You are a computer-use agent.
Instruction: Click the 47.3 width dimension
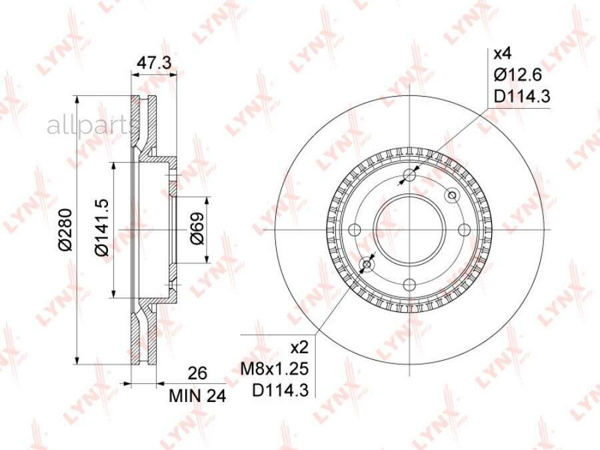click(155, 63)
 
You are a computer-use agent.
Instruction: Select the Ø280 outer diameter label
click(65, 229)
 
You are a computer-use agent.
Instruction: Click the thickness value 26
click(197, 373)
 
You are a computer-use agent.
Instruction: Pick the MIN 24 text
click(197, 397)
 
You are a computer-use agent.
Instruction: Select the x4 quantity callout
click(503, 53)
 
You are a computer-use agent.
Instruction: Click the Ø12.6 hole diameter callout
click(518, 75)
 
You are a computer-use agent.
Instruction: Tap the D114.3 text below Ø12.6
click(522, 97)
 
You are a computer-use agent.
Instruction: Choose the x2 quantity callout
click(299, 348)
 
